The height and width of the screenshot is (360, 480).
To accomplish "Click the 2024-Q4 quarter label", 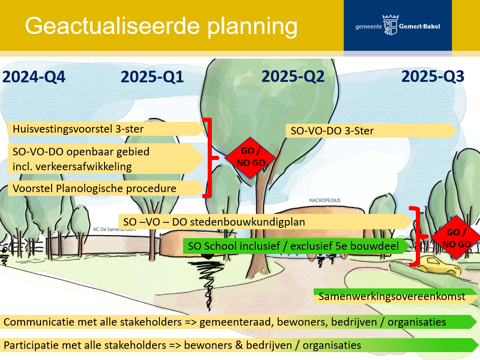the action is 33,77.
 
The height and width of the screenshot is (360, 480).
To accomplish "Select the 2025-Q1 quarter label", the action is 152,77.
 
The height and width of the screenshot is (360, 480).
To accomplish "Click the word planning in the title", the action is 252,27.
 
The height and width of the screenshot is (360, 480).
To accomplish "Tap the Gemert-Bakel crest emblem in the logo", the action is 390,25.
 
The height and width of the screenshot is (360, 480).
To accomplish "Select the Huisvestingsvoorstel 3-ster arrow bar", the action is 106,129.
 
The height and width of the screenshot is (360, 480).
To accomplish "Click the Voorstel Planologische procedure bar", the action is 106,188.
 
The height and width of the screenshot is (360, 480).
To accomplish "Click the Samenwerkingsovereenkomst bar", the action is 395,296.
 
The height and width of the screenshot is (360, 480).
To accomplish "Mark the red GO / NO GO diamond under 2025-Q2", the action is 250,158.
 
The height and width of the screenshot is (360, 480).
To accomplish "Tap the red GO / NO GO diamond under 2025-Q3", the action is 456,238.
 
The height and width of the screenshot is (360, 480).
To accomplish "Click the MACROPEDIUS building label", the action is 324,200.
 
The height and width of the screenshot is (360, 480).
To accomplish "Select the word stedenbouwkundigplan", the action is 247,222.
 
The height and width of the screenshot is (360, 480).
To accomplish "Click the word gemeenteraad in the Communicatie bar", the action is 237,322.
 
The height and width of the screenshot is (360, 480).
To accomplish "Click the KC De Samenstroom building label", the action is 114,229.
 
